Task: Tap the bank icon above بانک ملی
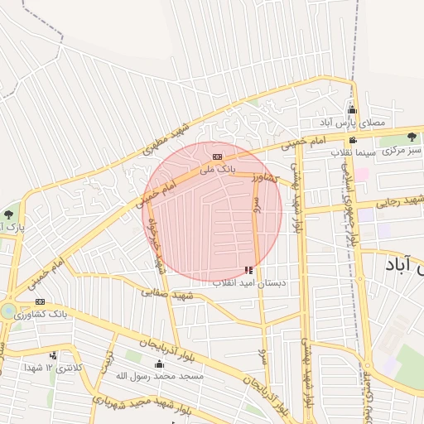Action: click(218, 157)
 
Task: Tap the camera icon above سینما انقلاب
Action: click(353, 140)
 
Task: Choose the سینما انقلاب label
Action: click(354, 153)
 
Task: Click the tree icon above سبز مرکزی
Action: click(412, 137)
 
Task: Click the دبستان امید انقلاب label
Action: click(249, 283)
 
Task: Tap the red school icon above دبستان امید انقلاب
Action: click(249, 270)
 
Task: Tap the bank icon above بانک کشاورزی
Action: click(40, 302)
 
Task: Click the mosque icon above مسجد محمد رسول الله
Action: click(158, 364)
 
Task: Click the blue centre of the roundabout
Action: click(7, 311)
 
